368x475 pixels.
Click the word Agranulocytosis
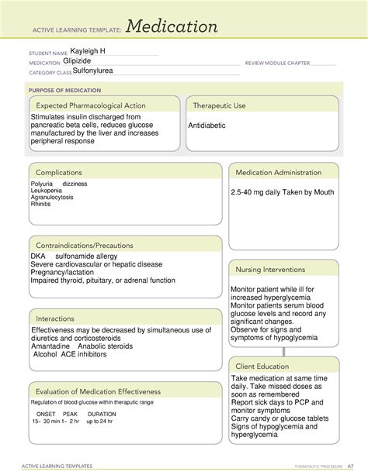point(53,198)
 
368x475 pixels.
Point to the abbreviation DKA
point(38,256)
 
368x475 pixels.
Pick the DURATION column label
point(102,414)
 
